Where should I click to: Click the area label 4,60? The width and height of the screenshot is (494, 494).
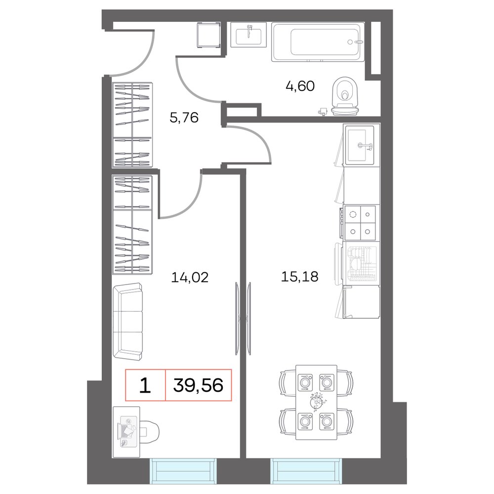tap(300, 86)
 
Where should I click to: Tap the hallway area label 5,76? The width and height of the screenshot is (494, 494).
tap(184, 118)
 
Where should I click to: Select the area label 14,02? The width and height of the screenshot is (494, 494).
tap(190, 278)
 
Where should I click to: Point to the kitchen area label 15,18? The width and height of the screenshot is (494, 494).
tap(300, 277)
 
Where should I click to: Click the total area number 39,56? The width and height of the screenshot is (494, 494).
tap(199, 385)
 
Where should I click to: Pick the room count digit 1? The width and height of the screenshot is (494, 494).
tap(145, 385)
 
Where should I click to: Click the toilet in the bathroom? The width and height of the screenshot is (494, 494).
tap(345, 96)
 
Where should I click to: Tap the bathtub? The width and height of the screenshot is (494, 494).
tap(318, 42)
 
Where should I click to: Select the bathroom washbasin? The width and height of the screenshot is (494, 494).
tap(248, 35)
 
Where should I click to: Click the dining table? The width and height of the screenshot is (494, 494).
tap(316, 402)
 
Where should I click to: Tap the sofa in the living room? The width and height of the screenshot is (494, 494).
tap(128, 322)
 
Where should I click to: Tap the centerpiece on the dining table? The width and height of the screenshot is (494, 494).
tap(316, 402)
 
